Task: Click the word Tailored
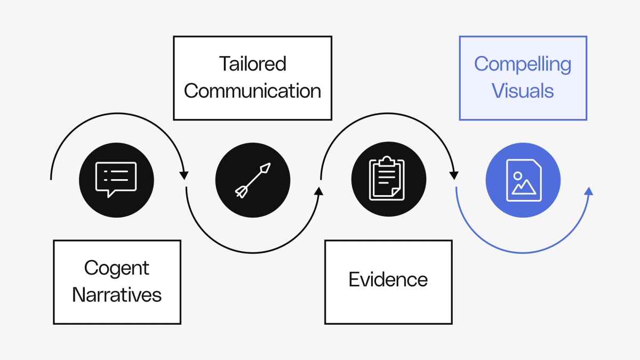point(252,64)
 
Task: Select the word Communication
point(252,91)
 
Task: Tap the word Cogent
point(117,268)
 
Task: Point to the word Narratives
point(117,295)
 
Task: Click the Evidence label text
point(388,280)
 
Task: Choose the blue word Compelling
point(523,64)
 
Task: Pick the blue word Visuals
point(523,91)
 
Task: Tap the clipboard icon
point(388,179)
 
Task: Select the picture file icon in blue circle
point(523,180)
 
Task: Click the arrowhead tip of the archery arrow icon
point(266,167)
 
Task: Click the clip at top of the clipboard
point(388,161)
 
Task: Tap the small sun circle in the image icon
point(517,175)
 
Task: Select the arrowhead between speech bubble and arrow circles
point(184,175)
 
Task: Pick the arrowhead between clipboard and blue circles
point(454,175)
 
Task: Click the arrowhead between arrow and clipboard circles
point(319,191)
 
